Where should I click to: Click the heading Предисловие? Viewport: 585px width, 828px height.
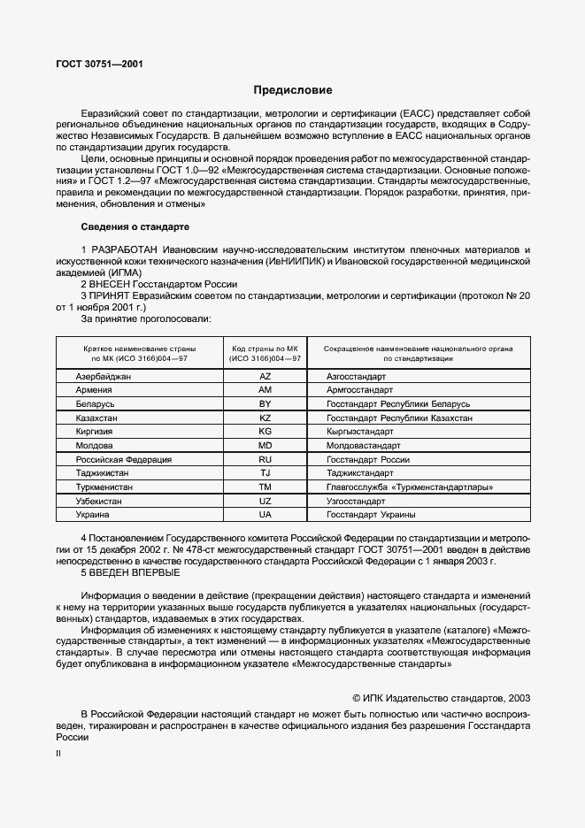293,90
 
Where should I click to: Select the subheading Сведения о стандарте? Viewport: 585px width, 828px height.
129,226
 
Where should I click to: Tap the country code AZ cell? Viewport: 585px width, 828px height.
265,376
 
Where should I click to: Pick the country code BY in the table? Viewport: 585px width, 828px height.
265,403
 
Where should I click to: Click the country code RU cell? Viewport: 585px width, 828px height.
265,459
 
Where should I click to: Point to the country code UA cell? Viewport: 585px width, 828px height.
265,514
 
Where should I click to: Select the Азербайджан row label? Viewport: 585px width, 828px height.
104,376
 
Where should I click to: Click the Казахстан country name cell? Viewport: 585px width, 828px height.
98,418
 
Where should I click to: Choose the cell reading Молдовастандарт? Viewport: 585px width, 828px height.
364,445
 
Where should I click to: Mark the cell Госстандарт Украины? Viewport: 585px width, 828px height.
371,514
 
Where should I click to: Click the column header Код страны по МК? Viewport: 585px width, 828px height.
265,354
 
